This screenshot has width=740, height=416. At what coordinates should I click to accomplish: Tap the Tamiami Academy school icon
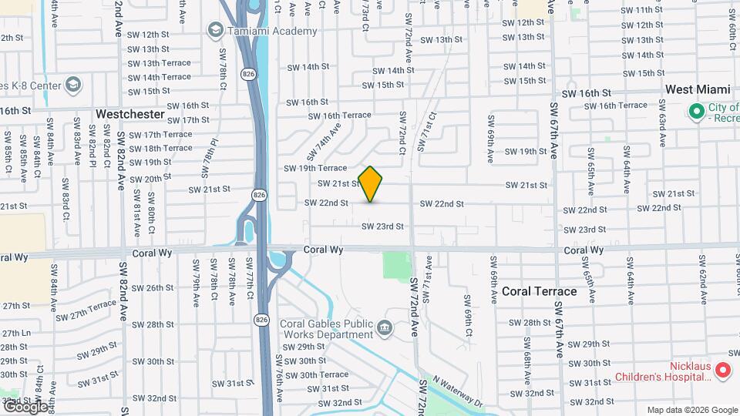tap(215, 29)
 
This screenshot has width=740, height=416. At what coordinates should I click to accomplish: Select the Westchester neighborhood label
tap(130, 114)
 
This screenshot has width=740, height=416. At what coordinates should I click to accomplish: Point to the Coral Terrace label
tap(539, 291)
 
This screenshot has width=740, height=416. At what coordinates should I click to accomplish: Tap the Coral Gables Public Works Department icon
tap(384, 330)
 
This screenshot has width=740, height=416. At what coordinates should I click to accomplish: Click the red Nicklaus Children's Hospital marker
tap(722, 371)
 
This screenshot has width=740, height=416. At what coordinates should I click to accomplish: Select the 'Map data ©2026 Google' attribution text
tap(691, 410)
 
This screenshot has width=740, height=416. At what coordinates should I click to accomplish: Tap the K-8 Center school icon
tap(73, 84)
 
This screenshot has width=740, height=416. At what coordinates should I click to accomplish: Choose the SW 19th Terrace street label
tap(315, 168)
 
